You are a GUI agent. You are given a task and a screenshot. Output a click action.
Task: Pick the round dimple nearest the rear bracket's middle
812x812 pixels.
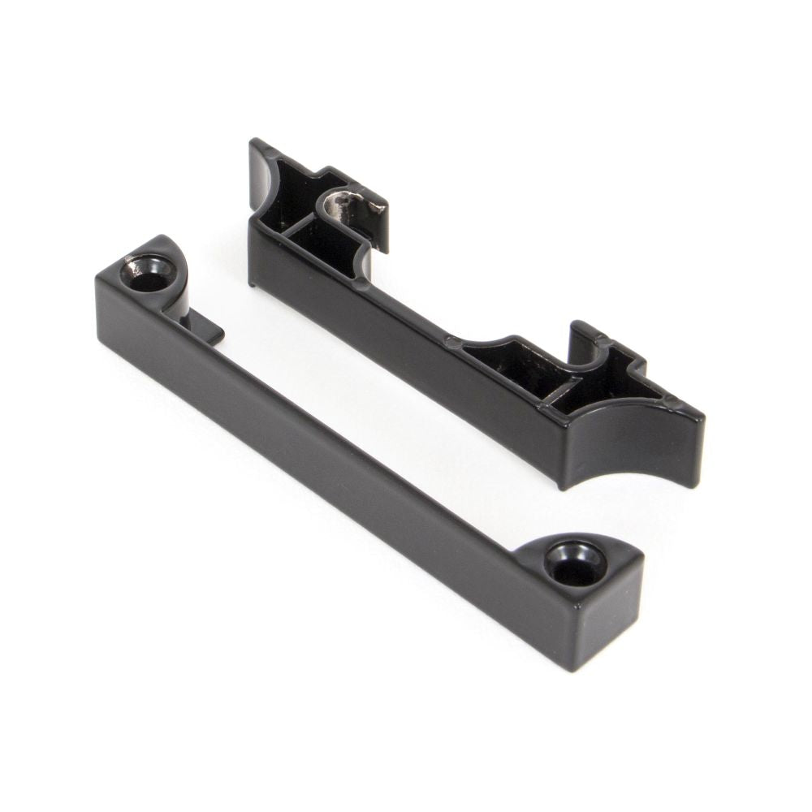pos(452,343)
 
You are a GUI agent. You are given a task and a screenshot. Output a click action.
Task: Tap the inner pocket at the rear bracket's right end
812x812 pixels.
pos(520,365)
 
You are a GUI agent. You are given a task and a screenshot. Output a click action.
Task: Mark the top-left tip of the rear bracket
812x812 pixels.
pos(254,144)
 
